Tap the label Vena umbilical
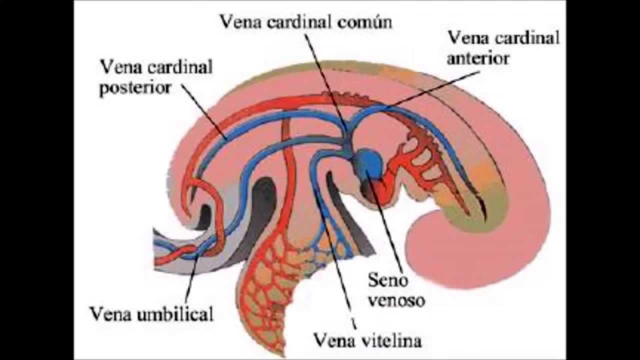tap(151, 314)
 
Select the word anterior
tap(478, 58)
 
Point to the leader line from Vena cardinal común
tap(325, 80)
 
